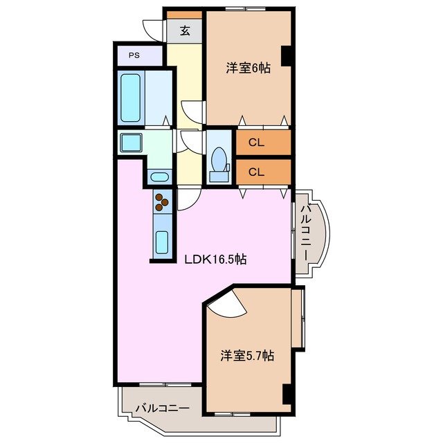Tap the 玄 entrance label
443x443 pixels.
point(185,30)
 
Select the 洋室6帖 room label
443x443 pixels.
point(247,68)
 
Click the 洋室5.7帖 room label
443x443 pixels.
point(247,356)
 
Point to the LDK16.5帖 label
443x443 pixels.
point(215,260)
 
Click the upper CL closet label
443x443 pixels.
point(256,143)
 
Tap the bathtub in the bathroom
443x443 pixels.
point(132,97)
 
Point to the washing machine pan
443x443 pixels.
point(130,143)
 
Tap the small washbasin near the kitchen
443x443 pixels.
point(159,176)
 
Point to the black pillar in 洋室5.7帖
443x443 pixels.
point(286,392)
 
